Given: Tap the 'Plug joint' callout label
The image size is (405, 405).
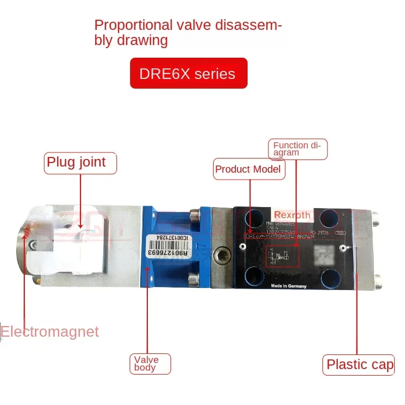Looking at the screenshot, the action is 80,163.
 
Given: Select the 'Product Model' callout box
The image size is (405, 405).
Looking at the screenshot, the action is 248,169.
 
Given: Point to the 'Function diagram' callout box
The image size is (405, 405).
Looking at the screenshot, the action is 297,148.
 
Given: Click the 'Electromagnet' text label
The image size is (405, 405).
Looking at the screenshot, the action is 50,332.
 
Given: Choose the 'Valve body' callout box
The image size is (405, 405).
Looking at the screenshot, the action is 149,363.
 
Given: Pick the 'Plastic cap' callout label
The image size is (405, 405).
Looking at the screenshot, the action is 358,364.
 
